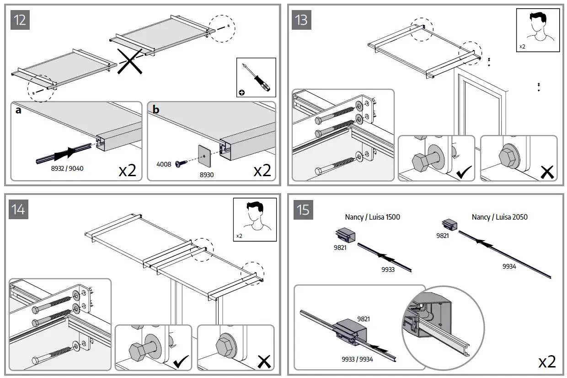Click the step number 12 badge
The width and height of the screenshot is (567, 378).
point(20,20)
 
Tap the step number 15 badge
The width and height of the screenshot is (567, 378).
point(303,210)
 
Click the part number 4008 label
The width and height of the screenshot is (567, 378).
point(163,163)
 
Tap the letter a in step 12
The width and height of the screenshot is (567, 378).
point(18,111)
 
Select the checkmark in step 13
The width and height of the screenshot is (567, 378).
point(464,173)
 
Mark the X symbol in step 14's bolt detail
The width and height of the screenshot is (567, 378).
point(263,362)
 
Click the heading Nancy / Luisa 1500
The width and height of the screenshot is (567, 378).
point(372,217)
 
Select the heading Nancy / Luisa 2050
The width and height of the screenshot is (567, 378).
point(499,217)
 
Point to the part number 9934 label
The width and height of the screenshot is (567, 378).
point(509,266)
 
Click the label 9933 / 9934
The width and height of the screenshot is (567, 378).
point(358,359)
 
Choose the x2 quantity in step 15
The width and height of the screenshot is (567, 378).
point(546,362)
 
